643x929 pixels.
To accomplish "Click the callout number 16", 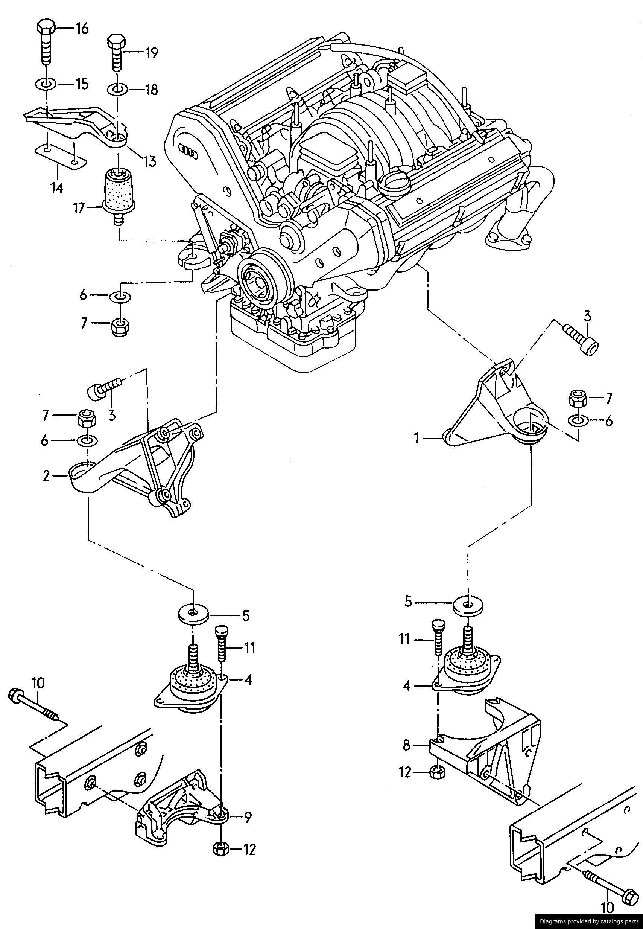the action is pos(81,29).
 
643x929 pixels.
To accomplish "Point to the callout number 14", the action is pos(57,187).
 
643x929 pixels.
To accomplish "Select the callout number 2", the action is pos(46,476).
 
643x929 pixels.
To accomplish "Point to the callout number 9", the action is pos(248,818).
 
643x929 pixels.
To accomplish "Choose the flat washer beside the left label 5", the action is pos(194,614).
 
